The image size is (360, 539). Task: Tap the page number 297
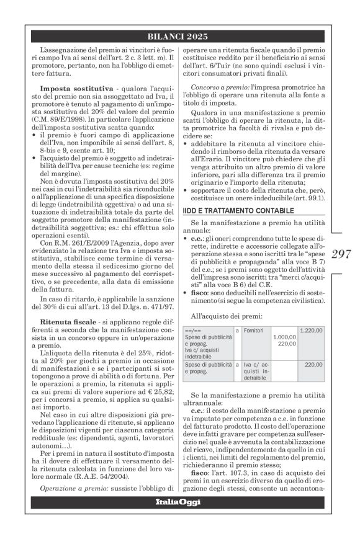(x=343, y=254)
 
